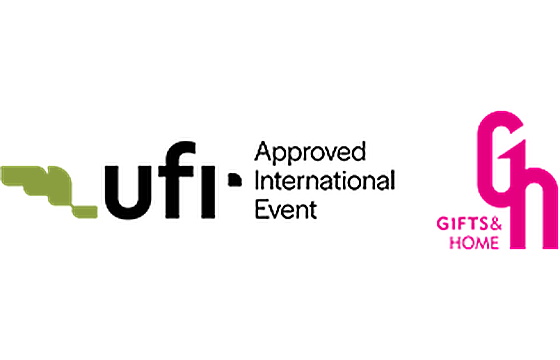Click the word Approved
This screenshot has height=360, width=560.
[310, 153]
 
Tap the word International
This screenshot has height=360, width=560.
[325, 181]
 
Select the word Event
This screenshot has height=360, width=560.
[286, 209]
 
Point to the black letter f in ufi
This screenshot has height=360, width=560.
[177, 180]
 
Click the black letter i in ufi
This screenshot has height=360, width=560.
[208, 192]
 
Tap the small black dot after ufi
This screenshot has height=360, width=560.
[235, 180]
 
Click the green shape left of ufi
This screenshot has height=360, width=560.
[49, 191]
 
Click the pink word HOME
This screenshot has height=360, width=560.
[474, 243]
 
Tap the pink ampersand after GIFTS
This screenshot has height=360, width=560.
[495, 224]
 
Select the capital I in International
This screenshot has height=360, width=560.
[257, 180]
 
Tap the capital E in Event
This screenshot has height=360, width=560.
[261, 209]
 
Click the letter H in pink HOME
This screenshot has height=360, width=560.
[455, 243]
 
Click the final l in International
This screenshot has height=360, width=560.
[393, 180]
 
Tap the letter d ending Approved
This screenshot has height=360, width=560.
[358, 151]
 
